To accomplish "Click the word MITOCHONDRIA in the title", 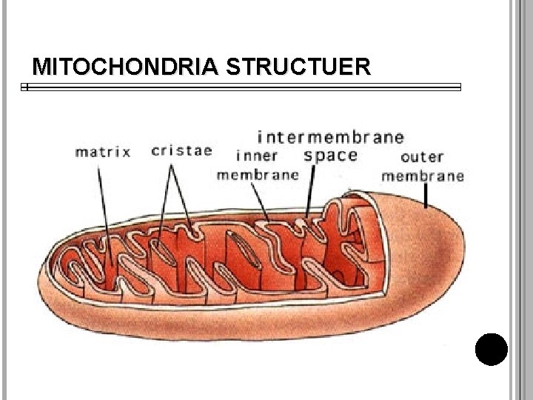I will click(126, 68).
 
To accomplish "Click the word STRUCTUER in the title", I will click(298, 68).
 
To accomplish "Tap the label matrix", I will click(103, 152).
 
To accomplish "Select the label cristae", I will click(181, 150).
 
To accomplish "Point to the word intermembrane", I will click(330, 137).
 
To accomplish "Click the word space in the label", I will click(330, 156).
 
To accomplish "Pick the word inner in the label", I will click(256, 156).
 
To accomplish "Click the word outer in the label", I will click(421, 157).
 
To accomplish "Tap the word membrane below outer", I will click(423, 176).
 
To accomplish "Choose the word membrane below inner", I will click(258, 176).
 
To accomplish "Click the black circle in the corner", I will click(492, 350).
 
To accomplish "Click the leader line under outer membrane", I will click(426, 195).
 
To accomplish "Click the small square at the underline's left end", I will click(24, 87).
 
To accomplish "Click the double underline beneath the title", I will click(244, 87).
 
